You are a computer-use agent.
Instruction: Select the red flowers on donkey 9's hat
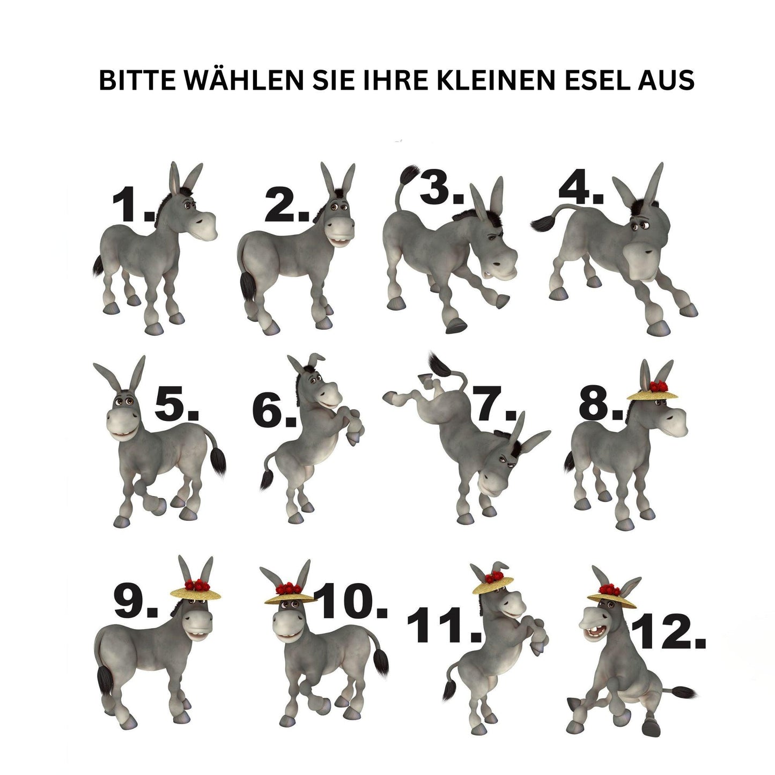197,585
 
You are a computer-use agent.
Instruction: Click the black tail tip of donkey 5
218,462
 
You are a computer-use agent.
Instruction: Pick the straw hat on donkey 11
493,585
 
